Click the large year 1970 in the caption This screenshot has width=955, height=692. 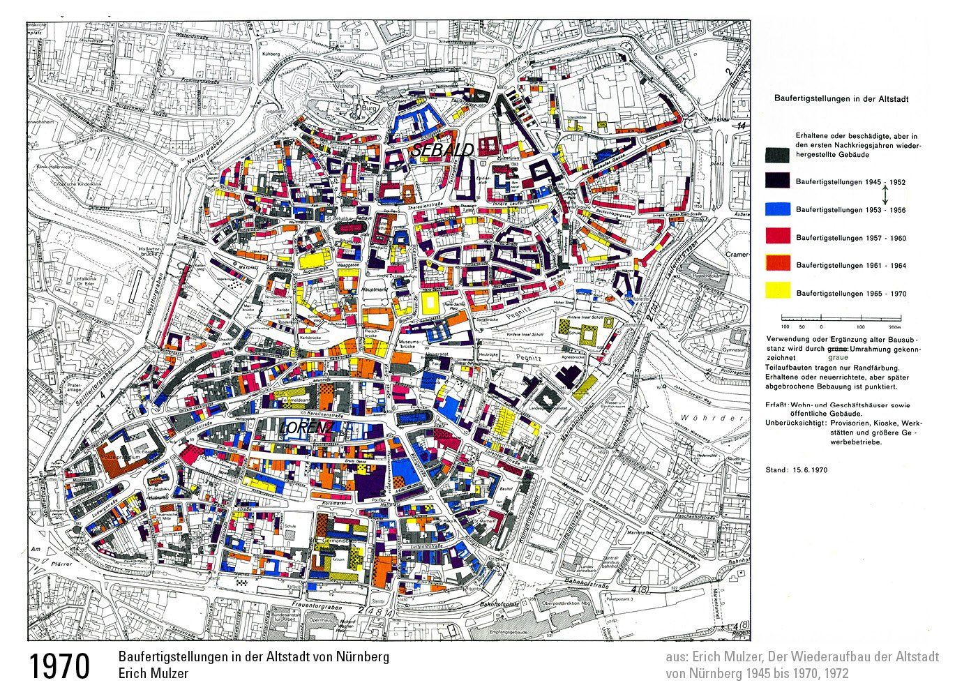(x=59, y=666)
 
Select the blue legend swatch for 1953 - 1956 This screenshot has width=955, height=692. (x=778, y=209)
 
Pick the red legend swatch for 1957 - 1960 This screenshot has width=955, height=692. (x=778, y=237)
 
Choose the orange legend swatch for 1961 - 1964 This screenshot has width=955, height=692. (x=778, y=264)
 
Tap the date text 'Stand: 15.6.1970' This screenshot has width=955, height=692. (x=797, y=470)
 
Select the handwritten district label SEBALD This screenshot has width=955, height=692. (x=442, y=149)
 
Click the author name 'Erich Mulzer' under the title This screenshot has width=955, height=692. (x=153, y=674)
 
